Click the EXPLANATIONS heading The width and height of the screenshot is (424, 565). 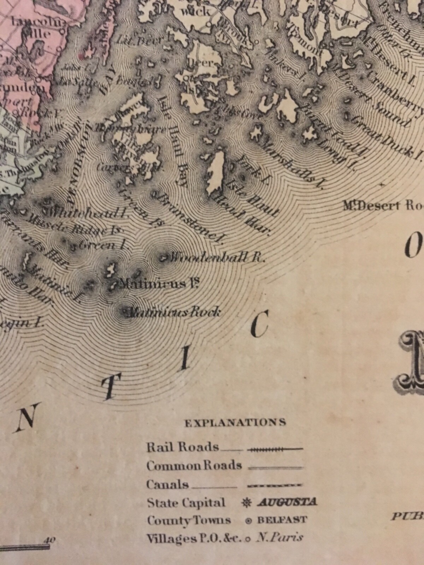235,422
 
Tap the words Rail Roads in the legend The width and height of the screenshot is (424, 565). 183,447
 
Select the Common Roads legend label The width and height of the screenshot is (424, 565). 194,466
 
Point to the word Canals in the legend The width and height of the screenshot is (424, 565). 167,484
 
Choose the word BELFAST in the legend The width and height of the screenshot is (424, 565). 282,520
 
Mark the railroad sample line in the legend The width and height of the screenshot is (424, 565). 275,450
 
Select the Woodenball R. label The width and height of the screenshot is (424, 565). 216,257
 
